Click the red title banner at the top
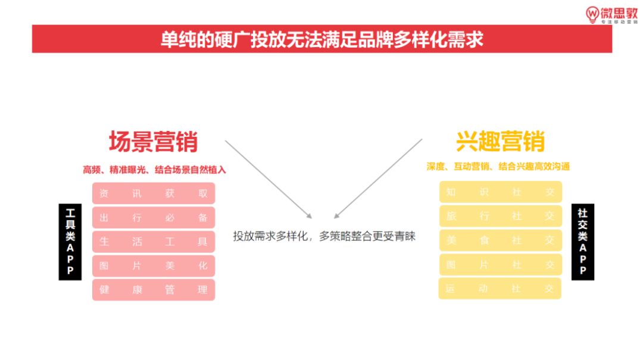coord(321,39)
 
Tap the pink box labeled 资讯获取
coord(153,193)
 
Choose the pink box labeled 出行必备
coord(153,218)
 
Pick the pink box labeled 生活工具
coord(153,242)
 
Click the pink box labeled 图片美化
coord(153,266)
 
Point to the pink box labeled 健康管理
coord(153,290)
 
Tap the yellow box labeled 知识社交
coord(500,192)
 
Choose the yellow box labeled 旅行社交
coord(500,217)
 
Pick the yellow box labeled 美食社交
coord(500,240)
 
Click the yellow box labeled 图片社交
coord(500,265)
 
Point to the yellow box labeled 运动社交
coord(500,289)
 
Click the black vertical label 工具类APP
coord(70,242)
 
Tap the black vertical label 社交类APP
coord(582,242)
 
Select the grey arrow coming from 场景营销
coord(268,179)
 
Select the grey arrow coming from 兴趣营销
coord(378,179)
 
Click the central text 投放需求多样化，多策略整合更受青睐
coord(324,236)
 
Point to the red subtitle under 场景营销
coord(154,170)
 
